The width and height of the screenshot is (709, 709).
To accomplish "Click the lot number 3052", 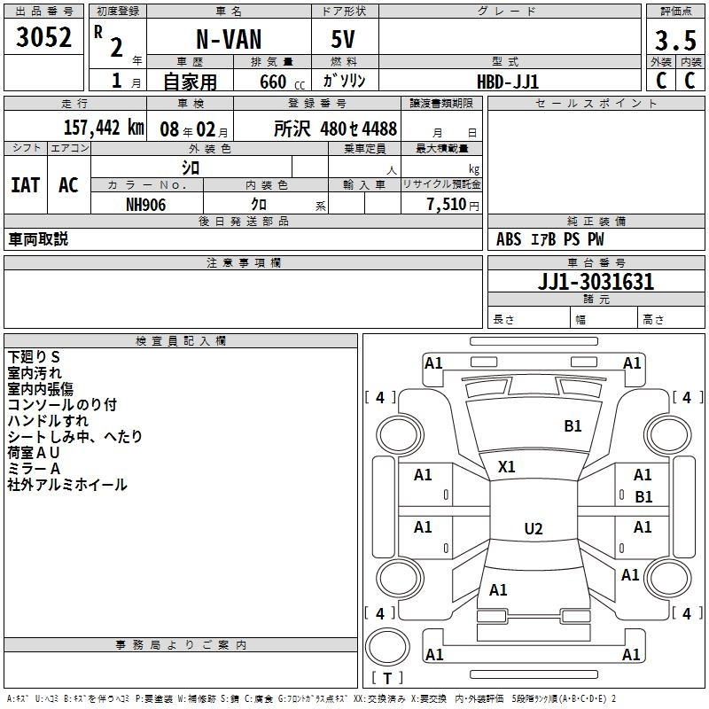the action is click(x=43, y=37).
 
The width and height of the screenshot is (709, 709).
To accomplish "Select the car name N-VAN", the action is click(x=229, y=39).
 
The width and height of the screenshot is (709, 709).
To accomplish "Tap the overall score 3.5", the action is click(x=675, y=40).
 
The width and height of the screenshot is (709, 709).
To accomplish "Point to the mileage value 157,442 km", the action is click(x=104, y=128).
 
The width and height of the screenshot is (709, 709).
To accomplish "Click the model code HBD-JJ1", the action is click(x=508, y=82).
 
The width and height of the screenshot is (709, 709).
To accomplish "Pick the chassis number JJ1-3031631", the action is click(x=596, y=282).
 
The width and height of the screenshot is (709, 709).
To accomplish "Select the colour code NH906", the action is click(x=145, y=205).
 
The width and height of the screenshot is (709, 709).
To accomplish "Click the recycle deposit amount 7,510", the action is click(x=447, y=205).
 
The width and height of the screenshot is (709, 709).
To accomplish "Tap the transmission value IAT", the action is click(x=26, y=185).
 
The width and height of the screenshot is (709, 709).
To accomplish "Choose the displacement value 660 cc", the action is click(x=282, y=82).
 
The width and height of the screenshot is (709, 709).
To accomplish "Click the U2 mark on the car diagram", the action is click(x=534, y=528).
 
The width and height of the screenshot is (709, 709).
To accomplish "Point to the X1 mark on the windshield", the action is click(x=506, y=467).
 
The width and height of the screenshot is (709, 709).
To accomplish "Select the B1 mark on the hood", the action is click(x=573, y=426).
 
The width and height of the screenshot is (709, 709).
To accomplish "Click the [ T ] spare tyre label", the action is click(x=387, y=678).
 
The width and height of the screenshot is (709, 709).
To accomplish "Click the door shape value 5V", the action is click(x=343, y=39).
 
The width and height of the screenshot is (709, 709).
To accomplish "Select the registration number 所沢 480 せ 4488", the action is click(x=335, y=129).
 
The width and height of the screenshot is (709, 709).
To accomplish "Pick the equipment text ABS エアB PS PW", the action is click(x=549, y=239).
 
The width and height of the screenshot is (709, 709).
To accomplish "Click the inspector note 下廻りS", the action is click(x=34, y=357).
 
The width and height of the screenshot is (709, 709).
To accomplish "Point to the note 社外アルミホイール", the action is click(x=67, y=485).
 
